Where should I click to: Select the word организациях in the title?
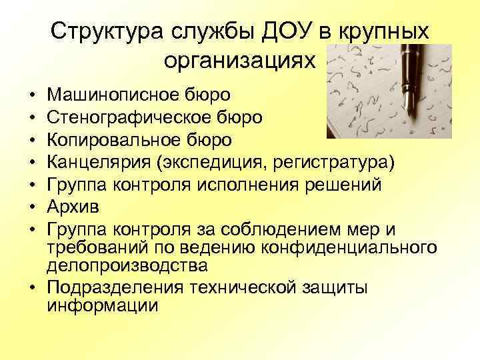(x=237, y=62)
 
